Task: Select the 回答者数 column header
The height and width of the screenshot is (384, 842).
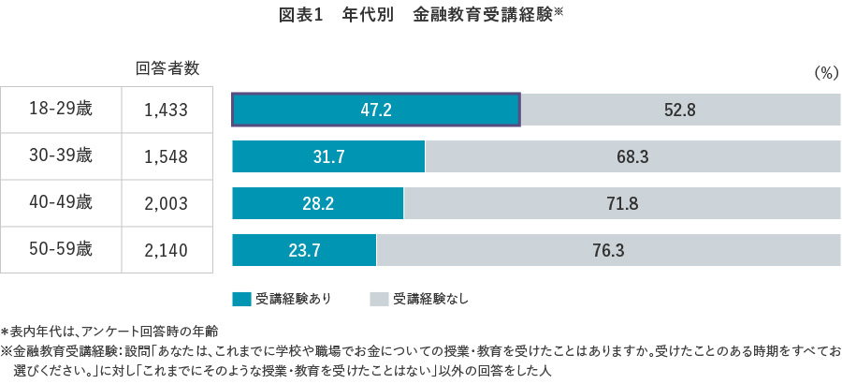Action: point(167,68)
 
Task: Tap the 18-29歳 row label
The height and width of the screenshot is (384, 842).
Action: point(61,110)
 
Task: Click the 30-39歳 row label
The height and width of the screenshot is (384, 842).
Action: point(61,156)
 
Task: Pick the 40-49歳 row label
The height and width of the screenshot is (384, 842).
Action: point(61,202)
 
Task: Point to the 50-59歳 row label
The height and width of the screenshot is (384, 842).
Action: point(61,249)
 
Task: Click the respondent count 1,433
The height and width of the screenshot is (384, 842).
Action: point(167,110)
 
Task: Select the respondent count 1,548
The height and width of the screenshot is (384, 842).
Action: point(167,156)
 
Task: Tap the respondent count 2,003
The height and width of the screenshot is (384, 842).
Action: point(167,202)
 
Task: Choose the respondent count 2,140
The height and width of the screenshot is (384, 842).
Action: point(167,249)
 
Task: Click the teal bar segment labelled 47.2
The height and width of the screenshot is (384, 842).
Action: point(375,110)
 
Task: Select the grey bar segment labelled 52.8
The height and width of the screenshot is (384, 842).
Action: point(680,110)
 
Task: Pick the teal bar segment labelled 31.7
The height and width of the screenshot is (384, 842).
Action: point(328,156)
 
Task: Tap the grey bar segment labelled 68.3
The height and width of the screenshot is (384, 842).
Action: point(632,156)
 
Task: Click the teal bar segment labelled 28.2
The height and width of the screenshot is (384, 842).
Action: point(317,202)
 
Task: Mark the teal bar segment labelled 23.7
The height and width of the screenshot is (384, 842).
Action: point(304,249)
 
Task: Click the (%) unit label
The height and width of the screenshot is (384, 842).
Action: point(825,73)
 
